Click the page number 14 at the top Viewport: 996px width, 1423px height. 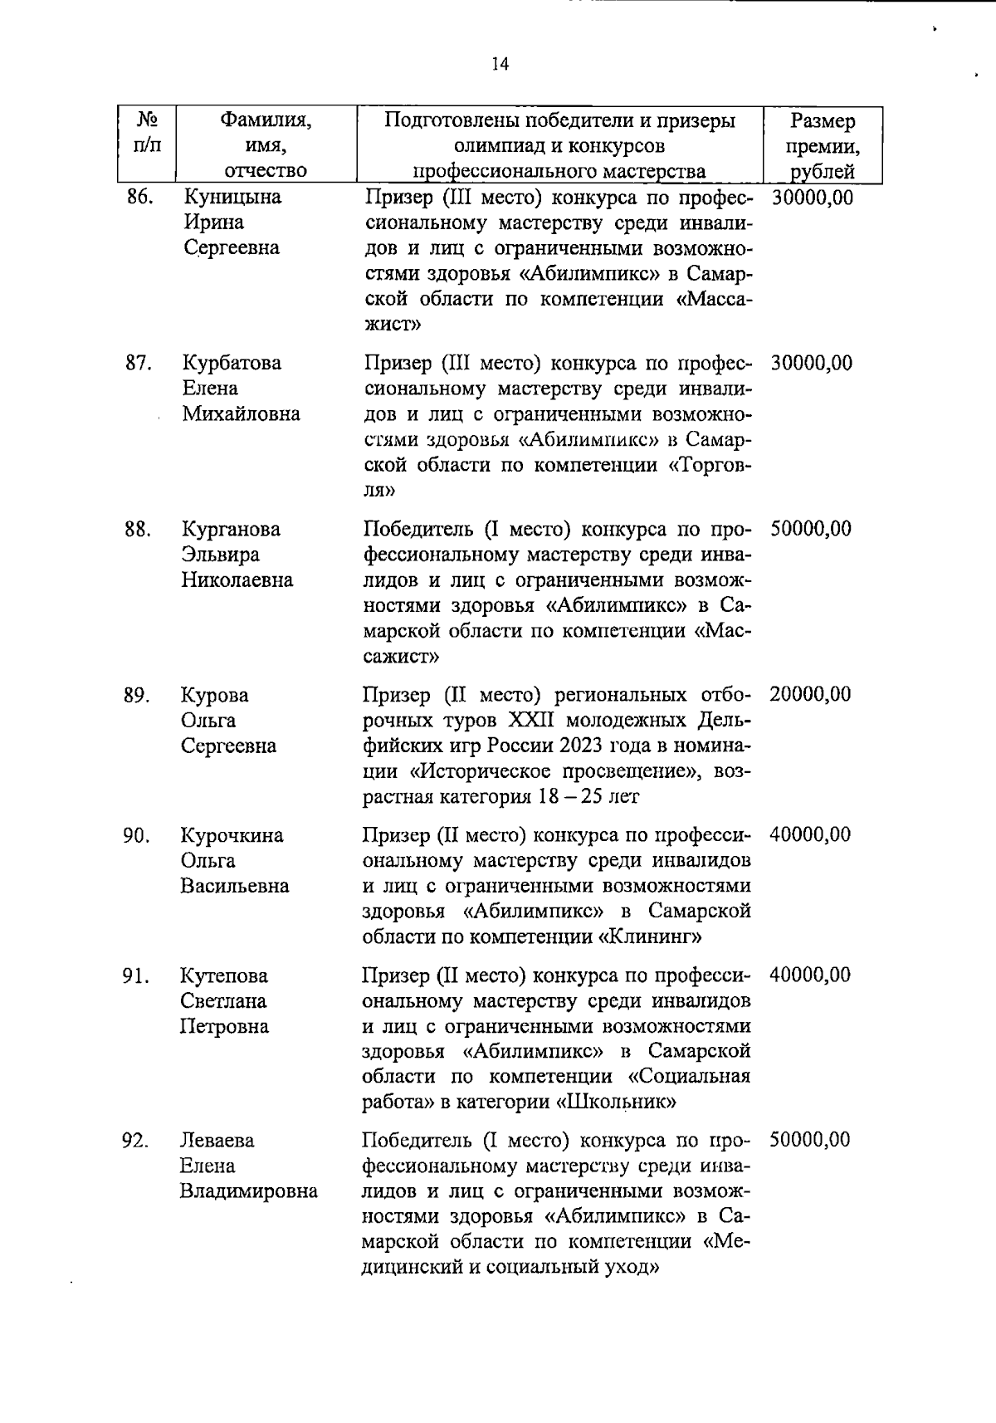tap(500, 65)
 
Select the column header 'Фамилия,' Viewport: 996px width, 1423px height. tap(265, 121)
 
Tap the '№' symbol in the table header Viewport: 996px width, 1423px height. tap(146, 120)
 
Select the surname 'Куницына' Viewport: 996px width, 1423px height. tap(232, 198)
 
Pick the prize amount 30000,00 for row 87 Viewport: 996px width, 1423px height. tap(811, 364)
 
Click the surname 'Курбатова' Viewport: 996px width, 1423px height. tap(232, 364)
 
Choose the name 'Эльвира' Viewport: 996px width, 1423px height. tap(221, 555)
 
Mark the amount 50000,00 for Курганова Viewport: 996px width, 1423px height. tap(810, 530)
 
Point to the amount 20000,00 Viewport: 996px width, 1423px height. tap(809, 695)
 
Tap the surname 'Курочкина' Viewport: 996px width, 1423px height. tap(232, 835)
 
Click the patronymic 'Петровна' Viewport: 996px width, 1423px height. tap(224, 1027)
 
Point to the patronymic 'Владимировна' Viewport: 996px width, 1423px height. tap(248, 1191)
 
